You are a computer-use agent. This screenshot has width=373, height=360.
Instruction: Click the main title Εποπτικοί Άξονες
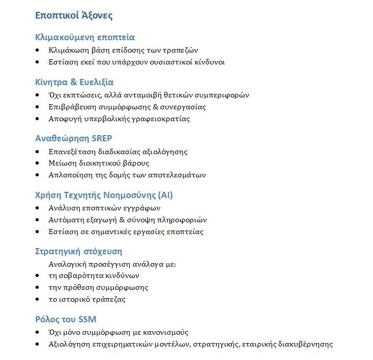tap(74, 16)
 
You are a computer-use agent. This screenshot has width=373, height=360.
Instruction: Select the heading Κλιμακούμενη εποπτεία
tap(85, 38)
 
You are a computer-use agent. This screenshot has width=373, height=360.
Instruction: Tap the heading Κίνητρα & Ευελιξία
tap(74, 82)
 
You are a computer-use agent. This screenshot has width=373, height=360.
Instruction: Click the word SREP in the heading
tap(101, 138)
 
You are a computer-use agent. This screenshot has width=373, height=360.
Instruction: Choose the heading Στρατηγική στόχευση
tap(78, 252)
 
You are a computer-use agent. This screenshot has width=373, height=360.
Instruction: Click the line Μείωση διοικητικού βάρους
tap(99, 163)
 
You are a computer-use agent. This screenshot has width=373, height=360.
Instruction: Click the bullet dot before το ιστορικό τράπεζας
tap(37, 300)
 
